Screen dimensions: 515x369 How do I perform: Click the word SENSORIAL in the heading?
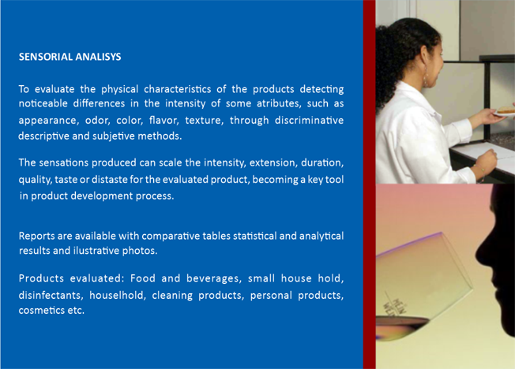coord(45,57)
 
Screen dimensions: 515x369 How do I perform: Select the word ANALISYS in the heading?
coord(98,57)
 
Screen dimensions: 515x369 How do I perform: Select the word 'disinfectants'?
coord(50,295)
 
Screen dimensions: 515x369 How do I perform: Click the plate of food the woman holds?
coord(505,111)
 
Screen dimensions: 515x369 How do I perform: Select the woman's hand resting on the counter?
coord(487,160)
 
